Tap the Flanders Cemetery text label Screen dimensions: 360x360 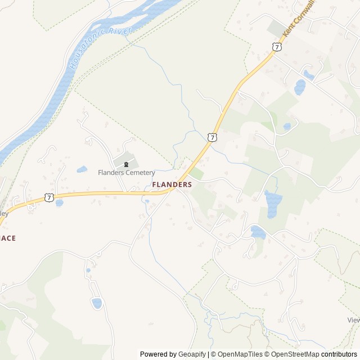tap(126, 173)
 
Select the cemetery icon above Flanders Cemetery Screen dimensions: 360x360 tap(126, 164)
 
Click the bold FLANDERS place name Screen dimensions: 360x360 tap(172, 184)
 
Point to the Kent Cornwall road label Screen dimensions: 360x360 tap(299, 19)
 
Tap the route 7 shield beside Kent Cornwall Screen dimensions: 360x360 tap(276, 47)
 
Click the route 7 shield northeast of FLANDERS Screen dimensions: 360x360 tap(211, 137)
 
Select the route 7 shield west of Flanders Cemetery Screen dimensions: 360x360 tap(49, 197)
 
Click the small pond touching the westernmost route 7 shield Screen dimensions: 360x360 tap(59, 203)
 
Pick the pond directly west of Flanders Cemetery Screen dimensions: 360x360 tap(82, 169)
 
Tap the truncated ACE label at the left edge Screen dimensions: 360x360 tap(8, 238)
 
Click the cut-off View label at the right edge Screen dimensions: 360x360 tap(353, 320)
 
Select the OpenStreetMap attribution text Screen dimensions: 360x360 tap(293, 354)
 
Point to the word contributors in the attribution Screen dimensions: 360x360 tap(339, 354)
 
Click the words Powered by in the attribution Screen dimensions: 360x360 tap(157, 354)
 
